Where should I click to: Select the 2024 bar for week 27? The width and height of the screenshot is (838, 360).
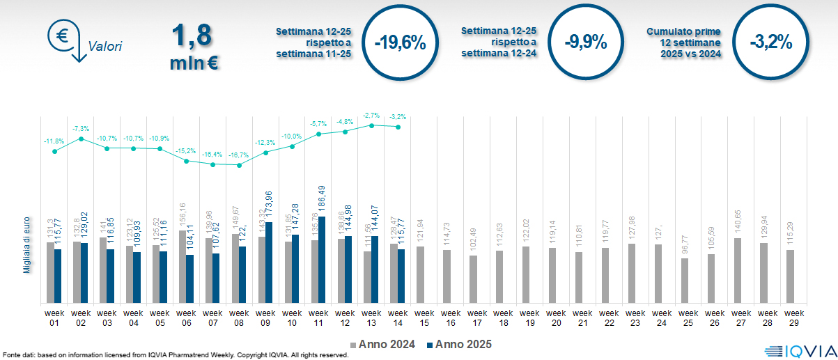click(738, 270)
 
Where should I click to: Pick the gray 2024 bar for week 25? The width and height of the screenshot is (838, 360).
click(685, 281)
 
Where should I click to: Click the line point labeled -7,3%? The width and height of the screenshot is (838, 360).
click(82, 139)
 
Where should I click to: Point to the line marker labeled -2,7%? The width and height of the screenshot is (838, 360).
click(372, 125)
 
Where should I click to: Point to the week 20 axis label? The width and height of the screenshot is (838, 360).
click(556, 317)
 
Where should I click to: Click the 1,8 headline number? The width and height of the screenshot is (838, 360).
click(191, 35)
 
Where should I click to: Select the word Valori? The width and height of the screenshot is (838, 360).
click(105, 47)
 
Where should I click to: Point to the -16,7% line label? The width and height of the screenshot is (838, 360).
click(239, 155)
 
